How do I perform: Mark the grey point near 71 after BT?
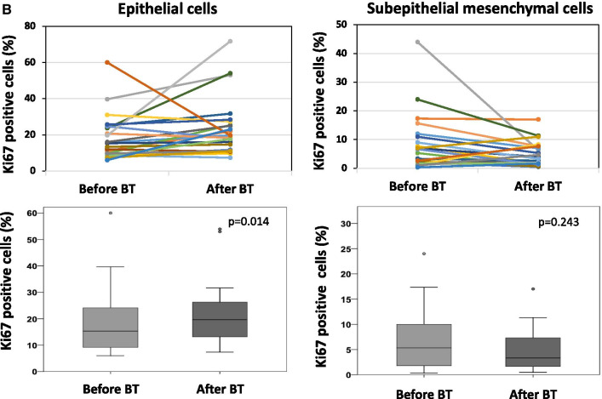(x=230, y=41)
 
